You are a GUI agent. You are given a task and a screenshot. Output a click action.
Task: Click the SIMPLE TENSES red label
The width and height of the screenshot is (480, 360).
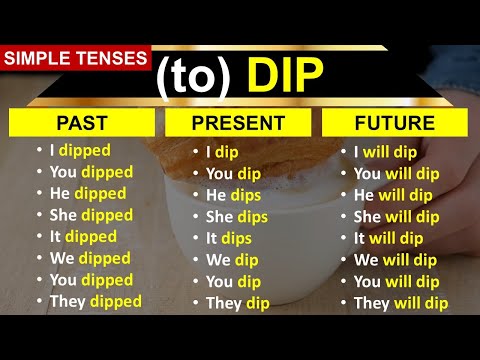click(x=75, y=59)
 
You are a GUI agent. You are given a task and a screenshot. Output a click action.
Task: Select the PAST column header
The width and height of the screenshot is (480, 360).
click(x=82, y=123)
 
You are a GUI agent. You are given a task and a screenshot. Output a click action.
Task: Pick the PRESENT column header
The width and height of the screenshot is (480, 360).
click(x=238, y=124)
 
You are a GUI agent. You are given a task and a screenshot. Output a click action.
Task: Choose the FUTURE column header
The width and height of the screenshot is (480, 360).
click(x=395, y=123)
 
